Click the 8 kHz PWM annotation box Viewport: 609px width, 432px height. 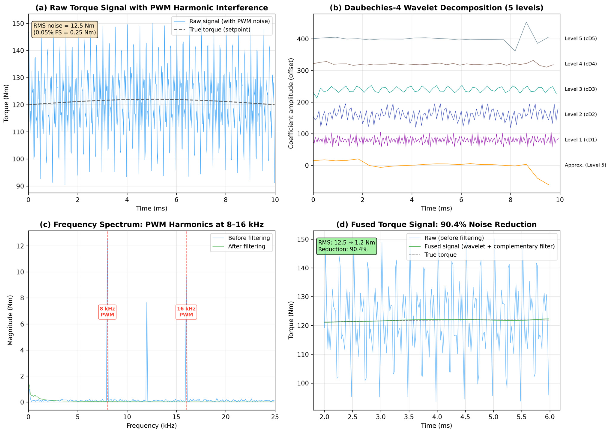click(107, 312)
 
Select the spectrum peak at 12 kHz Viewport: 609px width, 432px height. click(147, 302)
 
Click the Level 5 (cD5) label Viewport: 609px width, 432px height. click(581, 39)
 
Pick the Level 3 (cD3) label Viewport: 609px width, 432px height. click(581, 89)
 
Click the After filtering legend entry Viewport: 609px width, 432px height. click(239, 246)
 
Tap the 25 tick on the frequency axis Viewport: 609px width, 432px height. click(275, 417)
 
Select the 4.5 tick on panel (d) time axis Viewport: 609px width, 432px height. click(465, 417)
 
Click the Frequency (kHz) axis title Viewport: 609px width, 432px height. click(152, 426)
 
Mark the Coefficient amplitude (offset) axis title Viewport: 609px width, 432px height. click(291, 103)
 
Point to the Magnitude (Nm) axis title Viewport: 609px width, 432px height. click(10, 320)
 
